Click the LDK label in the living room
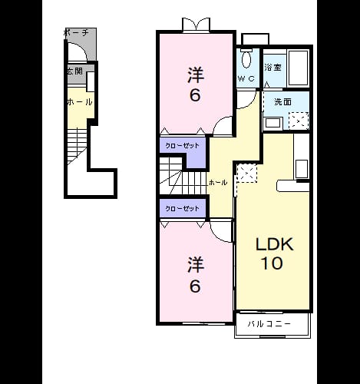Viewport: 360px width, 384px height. point(274,244)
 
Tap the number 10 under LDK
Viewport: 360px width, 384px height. point(272,263)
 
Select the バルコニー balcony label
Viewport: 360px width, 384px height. point(269,324)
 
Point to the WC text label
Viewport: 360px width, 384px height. point(246,78)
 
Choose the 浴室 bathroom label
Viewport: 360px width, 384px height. point(272,68)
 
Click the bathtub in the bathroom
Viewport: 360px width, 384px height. point(298,68)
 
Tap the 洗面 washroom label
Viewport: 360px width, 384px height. point(282,101)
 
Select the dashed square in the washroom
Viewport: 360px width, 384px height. point(299,121)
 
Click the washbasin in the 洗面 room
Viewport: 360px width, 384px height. point(273,124)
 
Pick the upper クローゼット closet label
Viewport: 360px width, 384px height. point(182,146)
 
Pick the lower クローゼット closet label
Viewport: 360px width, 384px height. point(182,208)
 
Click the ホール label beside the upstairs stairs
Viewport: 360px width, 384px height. point(218,183)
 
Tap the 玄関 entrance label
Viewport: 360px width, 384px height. point(75,71)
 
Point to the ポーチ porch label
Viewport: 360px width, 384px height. point(76,33)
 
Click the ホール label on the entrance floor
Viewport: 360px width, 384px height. point(80,102)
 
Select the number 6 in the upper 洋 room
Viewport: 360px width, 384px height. point(195,95)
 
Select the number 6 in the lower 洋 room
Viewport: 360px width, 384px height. point(195,286)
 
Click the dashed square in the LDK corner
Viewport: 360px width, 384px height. point(246,174)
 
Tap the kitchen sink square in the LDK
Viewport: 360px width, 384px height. point(302,169)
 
